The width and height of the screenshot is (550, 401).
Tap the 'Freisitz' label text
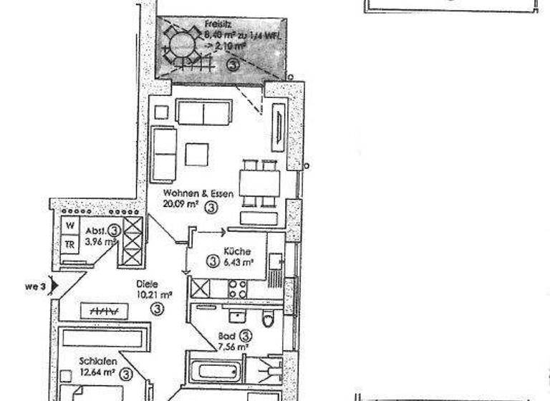coord(217,23)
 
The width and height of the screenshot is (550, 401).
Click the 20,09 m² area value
coord(181,208)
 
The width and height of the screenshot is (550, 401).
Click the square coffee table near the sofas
coord(196,155)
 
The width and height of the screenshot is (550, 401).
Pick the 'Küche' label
coord(236,251)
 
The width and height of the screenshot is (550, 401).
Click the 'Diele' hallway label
coord(148,282)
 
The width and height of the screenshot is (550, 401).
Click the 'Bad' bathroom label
coord(226,335)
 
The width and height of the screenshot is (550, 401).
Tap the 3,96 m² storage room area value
coord(100,242)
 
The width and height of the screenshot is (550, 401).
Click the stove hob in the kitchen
coord(237,289)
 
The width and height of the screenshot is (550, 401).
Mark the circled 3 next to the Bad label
coord(245,334)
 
